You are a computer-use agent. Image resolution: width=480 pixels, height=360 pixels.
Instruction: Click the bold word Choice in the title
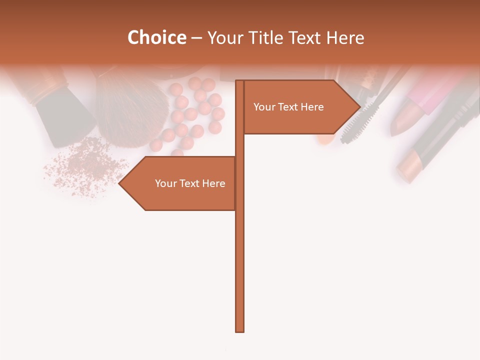156,37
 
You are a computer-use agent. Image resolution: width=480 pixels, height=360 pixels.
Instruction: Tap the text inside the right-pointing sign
288,107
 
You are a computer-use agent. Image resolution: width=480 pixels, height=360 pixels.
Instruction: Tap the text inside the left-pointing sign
190,183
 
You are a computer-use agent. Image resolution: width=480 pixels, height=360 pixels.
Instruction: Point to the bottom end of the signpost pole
239,330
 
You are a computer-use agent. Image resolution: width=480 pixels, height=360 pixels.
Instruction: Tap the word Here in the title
345,37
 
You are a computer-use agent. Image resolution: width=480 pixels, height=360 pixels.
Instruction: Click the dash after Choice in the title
196,38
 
